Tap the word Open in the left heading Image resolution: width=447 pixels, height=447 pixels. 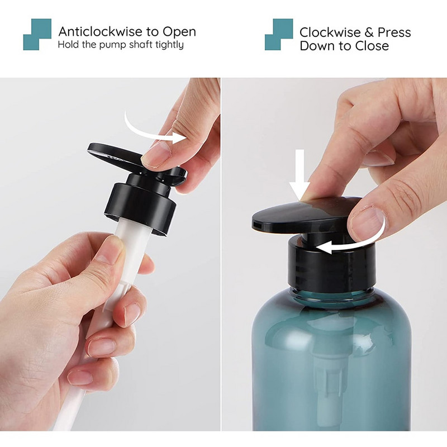click(x=177, y=32)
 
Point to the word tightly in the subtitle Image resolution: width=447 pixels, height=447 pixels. click(x=166, y=45)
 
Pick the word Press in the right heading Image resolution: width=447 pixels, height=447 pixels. click(x=394, y=32)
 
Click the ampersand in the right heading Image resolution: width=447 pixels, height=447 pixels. click(x=368, y=32)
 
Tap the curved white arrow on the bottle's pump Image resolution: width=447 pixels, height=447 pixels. click(x=352, y=241)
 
